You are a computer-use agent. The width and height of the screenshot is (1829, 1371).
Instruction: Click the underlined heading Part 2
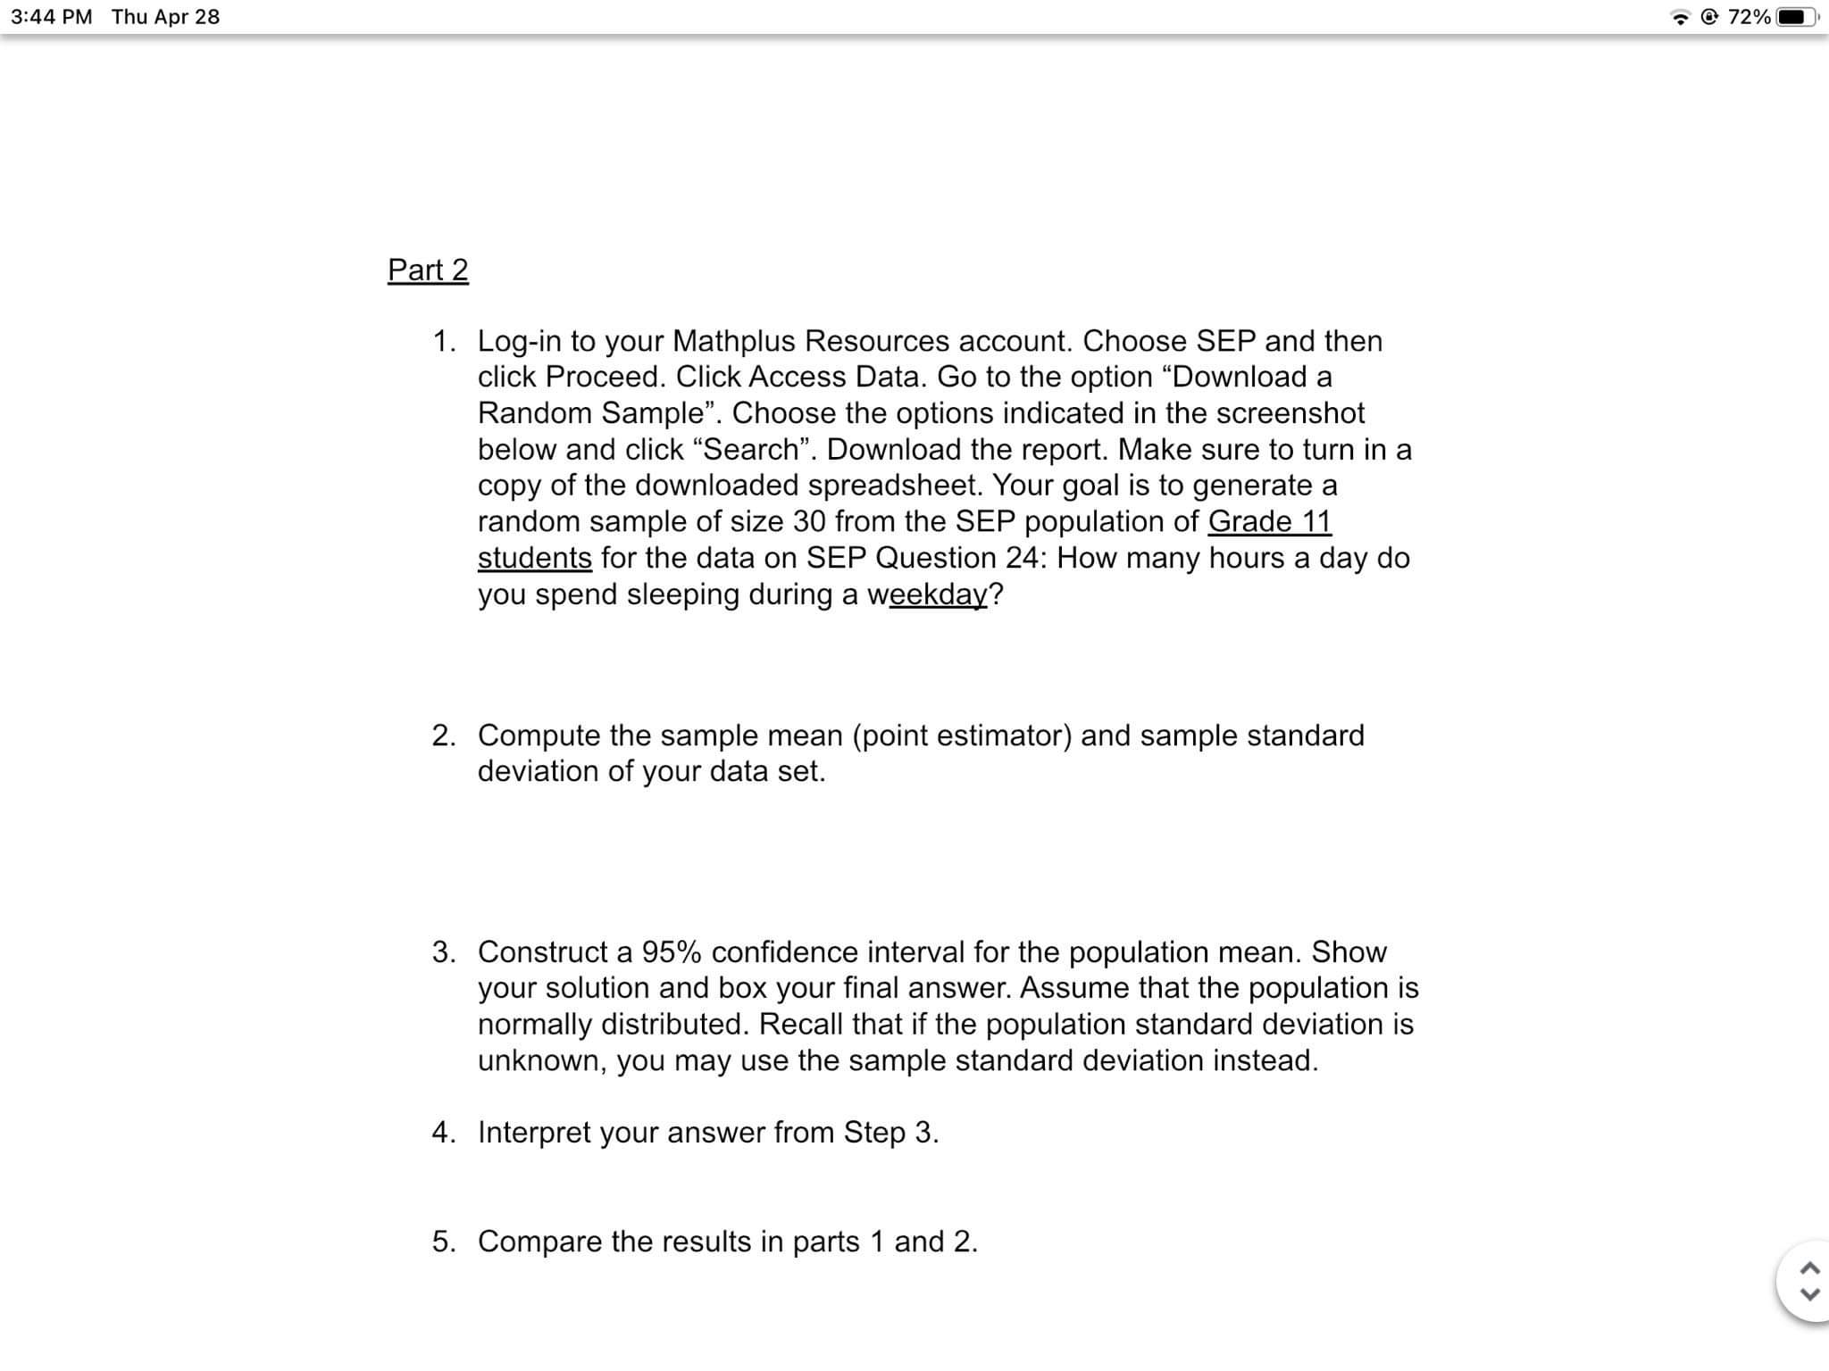[x=428, y=270]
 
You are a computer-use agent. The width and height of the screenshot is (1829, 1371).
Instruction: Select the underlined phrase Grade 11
[x=1269, y=521]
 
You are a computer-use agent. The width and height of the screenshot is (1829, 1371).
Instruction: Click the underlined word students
[x=534, y=558]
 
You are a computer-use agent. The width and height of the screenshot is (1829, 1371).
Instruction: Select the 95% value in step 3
[x=671, y=952]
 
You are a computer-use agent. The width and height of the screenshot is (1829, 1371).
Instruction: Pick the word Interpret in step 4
[x=534, y=1133]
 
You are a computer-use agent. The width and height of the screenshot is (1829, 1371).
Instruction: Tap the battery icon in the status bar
[x=1796, y=17]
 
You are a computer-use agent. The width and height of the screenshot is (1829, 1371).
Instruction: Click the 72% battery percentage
[x=1749, y=17]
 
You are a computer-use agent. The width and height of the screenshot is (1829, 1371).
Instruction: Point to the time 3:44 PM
[x=52, y=17]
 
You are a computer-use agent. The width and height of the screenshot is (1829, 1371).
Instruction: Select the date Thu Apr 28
[x=165, y=17]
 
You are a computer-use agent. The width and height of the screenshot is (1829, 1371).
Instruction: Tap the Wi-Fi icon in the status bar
[x=1681, y=18]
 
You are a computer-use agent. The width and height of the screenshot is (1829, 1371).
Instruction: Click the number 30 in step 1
[x=809, y=521]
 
